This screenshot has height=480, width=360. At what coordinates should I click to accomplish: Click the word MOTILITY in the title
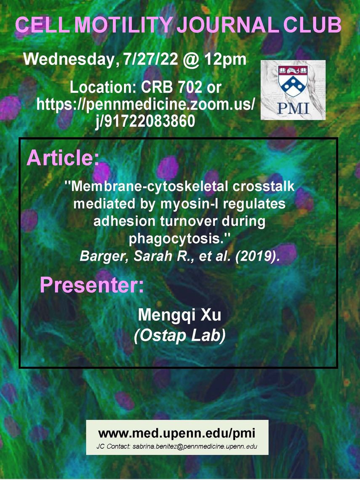pos(123,25)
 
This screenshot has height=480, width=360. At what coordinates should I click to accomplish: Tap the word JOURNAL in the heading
pos(228,25)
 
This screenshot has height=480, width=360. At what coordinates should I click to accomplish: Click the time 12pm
pos(226,59)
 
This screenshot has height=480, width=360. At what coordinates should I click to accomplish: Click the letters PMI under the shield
pos(293,108)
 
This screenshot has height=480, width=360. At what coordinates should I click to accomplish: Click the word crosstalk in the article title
pos(264,186)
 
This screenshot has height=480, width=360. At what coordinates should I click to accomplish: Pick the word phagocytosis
pos(177,239)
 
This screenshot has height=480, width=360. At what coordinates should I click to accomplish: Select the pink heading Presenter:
pos(92,285)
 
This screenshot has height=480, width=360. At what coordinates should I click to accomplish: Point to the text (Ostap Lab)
pos(180,336)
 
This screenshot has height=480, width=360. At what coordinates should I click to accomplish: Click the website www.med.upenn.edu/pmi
pos(177,433)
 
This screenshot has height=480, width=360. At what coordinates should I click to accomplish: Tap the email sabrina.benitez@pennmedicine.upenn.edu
pos(195,446)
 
